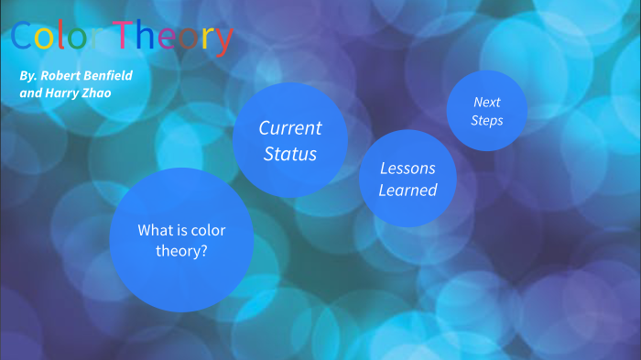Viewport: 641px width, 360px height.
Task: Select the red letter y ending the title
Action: [x=223, y=40]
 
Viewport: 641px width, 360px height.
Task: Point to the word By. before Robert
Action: [x=27, y=74]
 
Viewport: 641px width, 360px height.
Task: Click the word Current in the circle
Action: [x=289, y=127]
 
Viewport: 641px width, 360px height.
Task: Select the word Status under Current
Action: [x=289, y=154]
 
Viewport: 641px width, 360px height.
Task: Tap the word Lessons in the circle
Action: [x=407, y=169]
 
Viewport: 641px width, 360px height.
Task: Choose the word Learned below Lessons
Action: [x=407, y=191]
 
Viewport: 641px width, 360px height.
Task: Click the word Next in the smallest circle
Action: [x=486, y=102]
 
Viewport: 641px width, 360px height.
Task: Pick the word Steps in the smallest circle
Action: [x=486, y=120]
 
